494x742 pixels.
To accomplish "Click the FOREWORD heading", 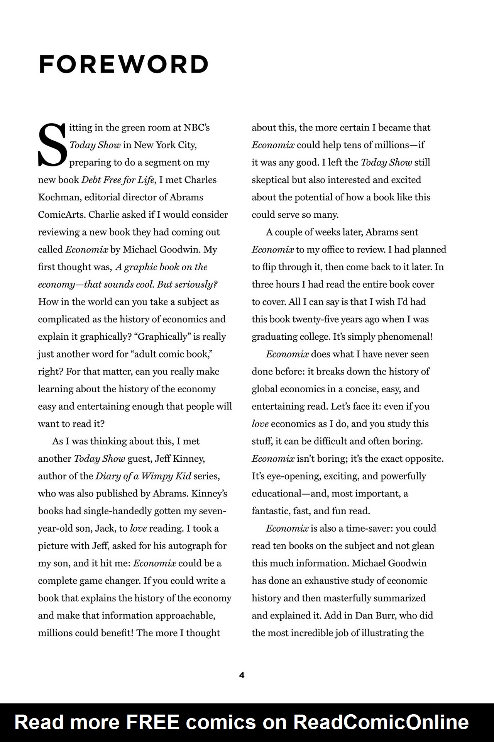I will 123,64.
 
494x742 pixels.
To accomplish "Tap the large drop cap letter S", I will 52,145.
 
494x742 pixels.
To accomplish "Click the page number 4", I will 242,675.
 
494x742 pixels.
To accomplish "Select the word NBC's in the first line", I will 196,128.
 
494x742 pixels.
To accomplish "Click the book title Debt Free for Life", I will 117,180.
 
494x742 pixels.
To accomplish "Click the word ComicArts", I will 62,215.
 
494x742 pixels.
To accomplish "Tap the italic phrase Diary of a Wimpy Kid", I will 143,476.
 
